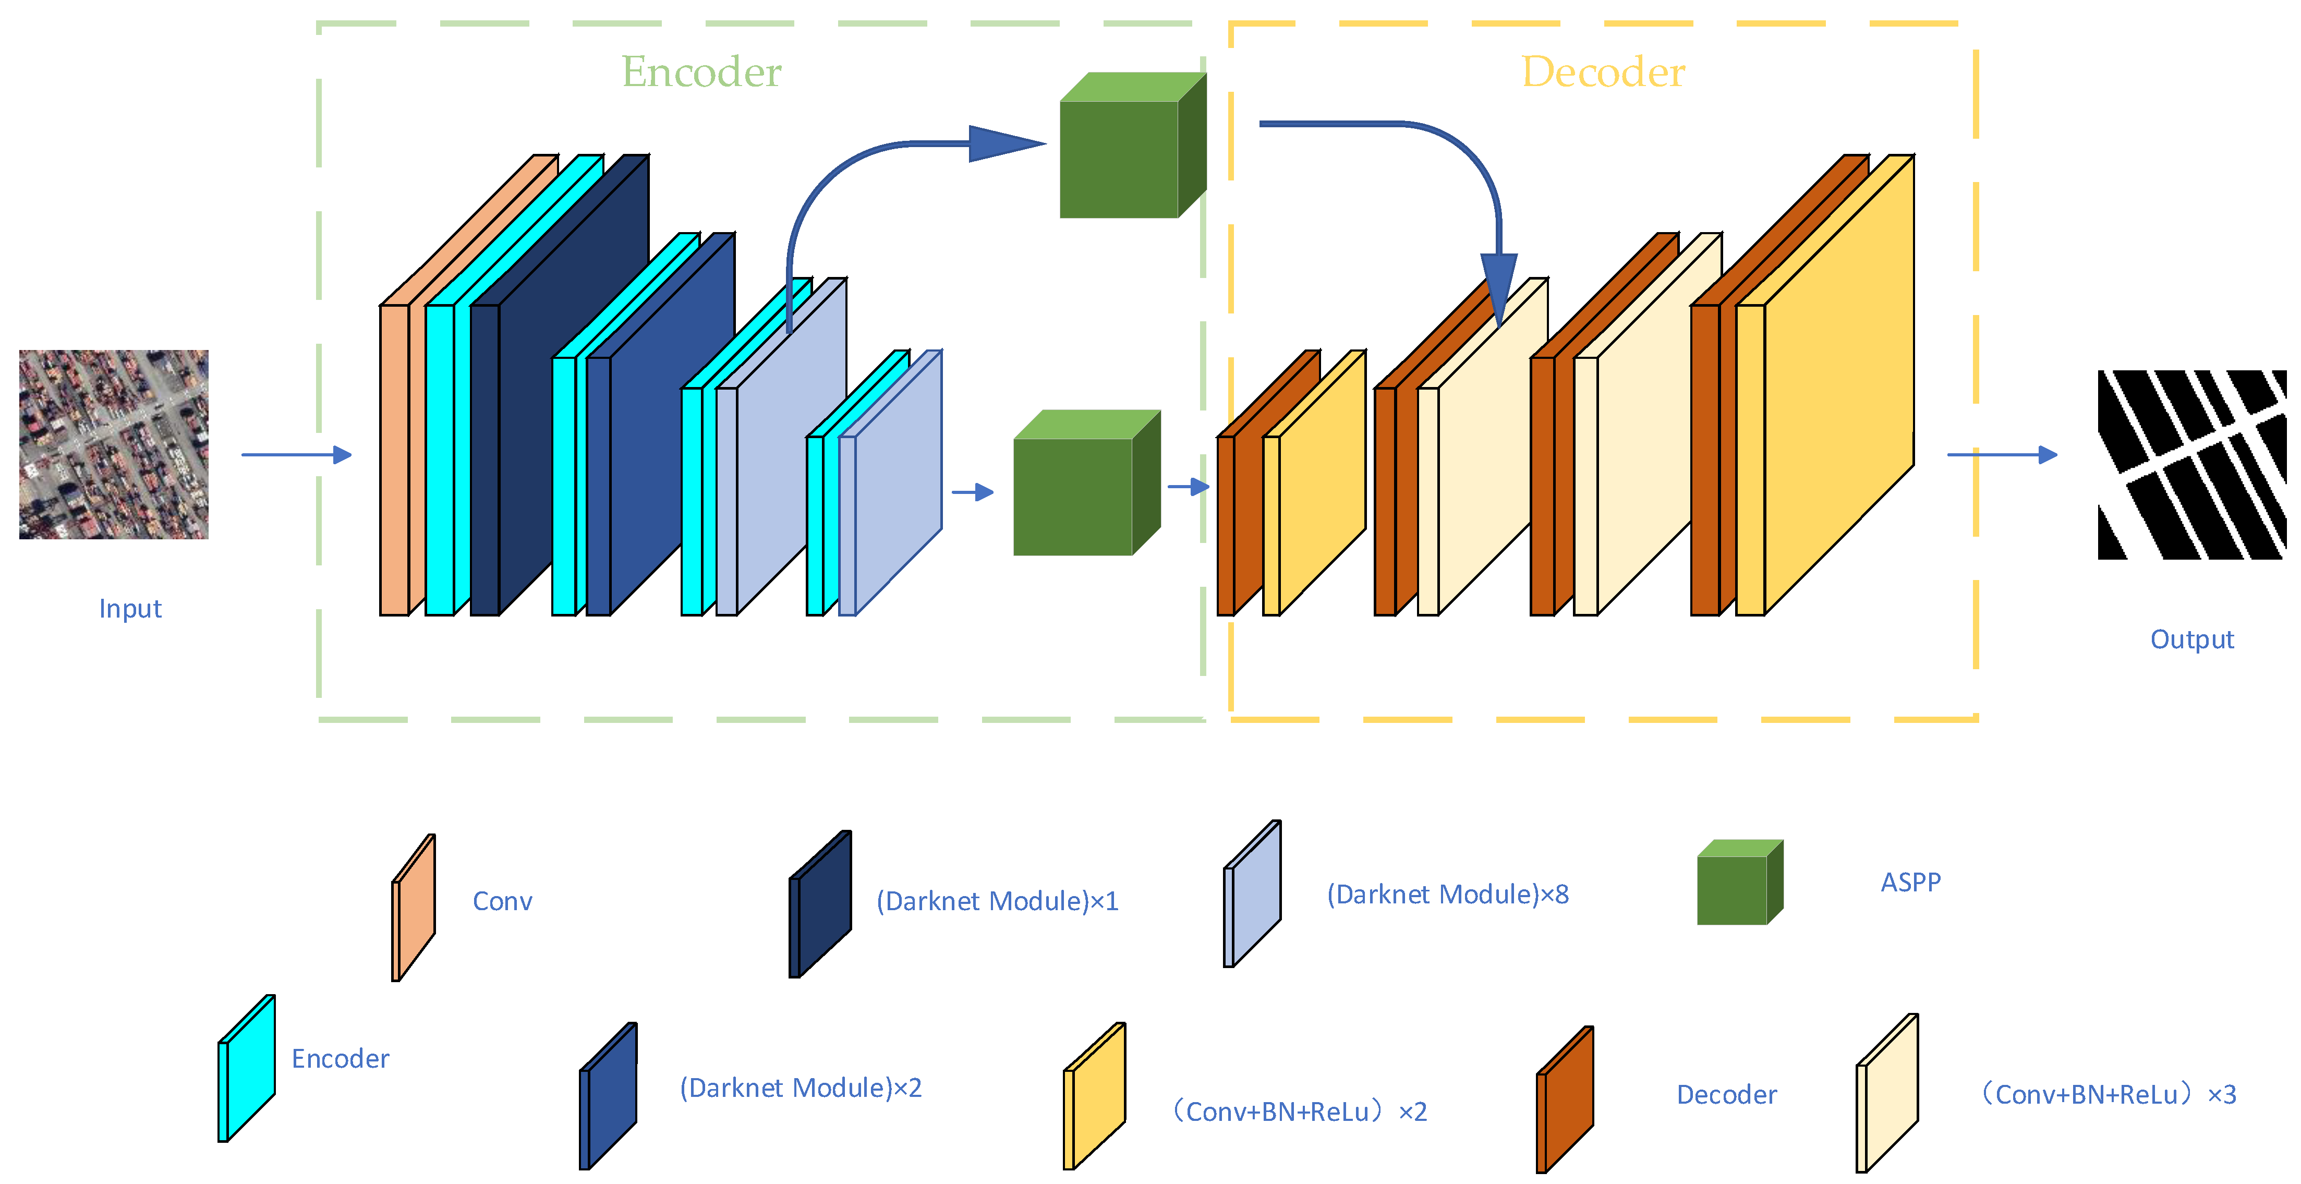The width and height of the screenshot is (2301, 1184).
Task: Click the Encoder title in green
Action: pos(701,71)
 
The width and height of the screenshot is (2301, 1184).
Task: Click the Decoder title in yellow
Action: pos(1603,71)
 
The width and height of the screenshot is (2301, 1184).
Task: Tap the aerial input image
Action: pos(114,444)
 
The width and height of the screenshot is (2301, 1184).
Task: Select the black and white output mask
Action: pos(2191,465)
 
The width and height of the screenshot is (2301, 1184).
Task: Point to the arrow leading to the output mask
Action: pos(2001,455)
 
